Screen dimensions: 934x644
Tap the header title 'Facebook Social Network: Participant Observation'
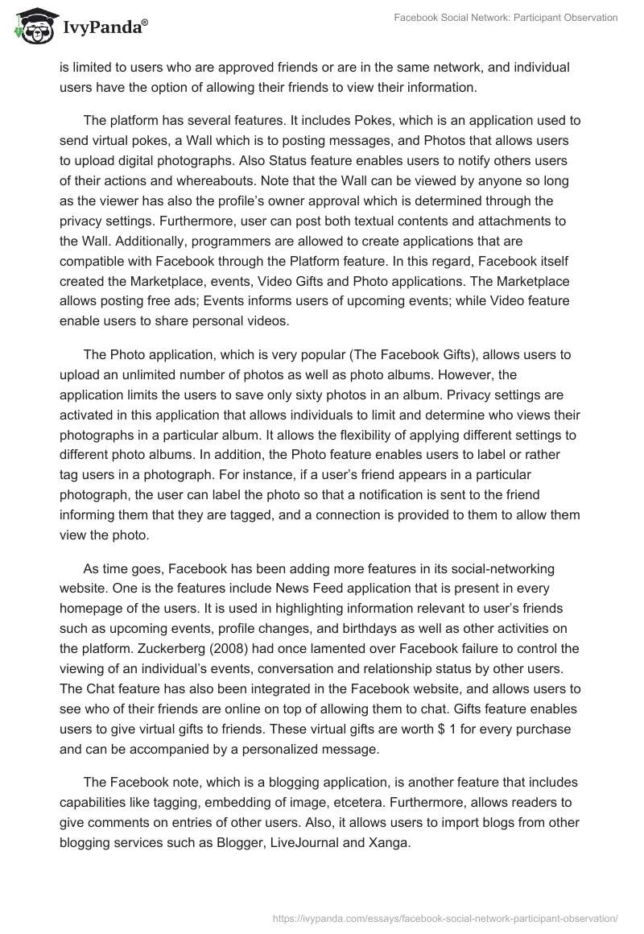tap(506, 18)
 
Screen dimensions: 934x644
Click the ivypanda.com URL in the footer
tap(445, 917)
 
